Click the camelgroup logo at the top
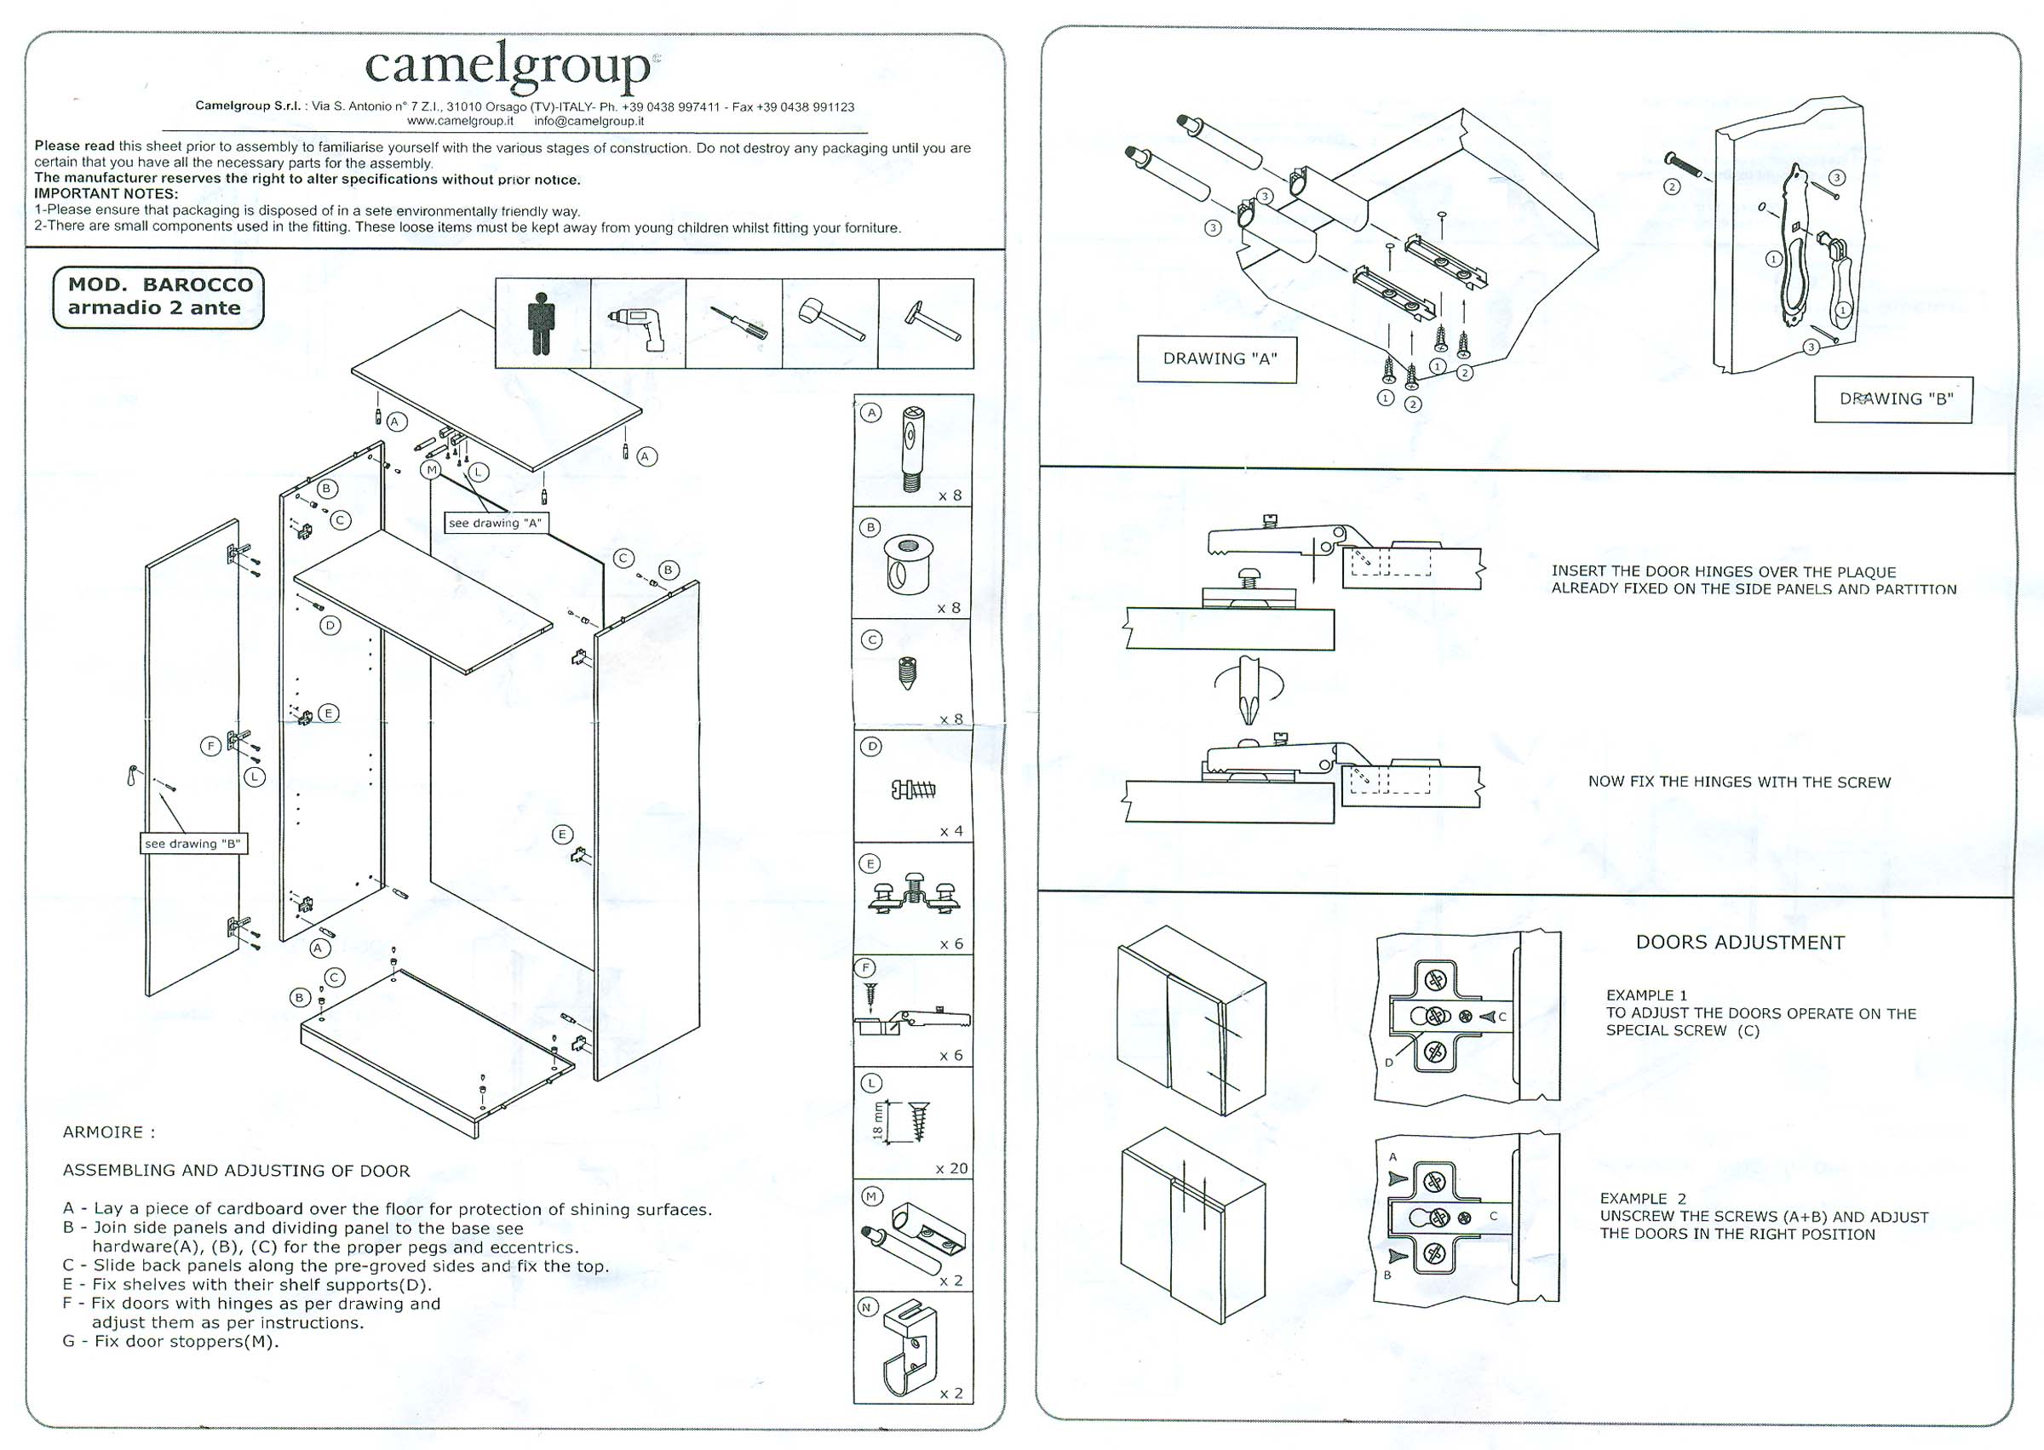(x=512, y=67)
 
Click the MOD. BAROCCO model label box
(x=159, y=297)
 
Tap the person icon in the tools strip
(x=541, y=324)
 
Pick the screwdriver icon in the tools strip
(x=739, y=323)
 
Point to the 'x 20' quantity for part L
(x=951, y=1168)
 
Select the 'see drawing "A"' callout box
(x=496, y=524)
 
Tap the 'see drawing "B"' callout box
(x=192, y=844)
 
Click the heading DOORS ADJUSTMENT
(x=1739, y=943)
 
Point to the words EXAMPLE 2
(x=1642, y=1198)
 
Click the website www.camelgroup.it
(x=460, y=122)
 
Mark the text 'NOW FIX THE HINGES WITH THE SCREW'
(x=1738, y=782)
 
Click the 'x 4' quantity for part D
(x=951, y=831)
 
